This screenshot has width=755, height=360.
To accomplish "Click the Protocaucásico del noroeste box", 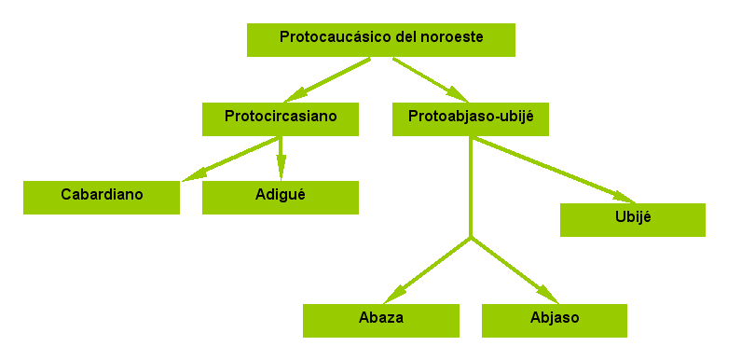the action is click(381, 40).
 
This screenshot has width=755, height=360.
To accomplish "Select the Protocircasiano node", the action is click(281, 119).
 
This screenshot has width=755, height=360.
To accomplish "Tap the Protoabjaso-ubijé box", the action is click(471, 119).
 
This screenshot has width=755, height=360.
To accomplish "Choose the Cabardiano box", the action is click(102, 198).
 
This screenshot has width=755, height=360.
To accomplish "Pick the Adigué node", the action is click(281, 198).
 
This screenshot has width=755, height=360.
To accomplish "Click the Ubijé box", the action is click(633, 220).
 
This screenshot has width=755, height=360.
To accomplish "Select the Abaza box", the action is click(381, 321).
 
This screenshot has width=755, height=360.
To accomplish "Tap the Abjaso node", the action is click(555, 321).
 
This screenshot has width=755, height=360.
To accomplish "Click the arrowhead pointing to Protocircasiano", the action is click(295, 94).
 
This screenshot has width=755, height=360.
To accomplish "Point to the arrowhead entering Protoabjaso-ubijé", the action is click(457, 94).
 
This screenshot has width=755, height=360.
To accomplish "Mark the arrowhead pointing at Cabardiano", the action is click(195, 174).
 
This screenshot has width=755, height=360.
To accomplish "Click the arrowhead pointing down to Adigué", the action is click(281, 168).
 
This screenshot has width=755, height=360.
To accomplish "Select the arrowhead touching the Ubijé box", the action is click(625, 197).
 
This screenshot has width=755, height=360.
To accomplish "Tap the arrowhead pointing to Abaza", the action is click(395, 294).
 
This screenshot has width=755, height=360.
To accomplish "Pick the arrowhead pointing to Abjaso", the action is click(547, 294).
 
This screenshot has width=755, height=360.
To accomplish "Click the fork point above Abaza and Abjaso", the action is click(471, 237).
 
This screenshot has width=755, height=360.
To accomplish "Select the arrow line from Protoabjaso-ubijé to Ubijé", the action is click(554, 170).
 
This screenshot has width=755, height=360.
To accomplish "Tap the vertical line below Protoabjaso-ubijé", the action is click(471, 187).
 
